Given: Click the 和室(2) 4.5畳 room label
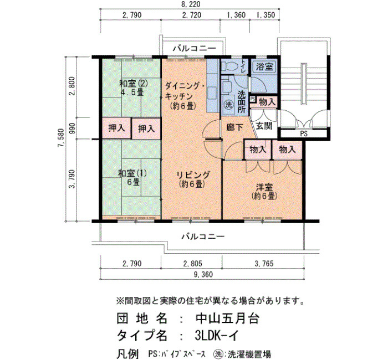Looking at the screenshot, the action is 134,88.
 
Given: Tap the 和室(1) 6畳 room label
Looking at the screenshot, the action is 132,178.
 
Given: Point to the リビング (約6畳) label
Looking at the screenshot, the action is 193,179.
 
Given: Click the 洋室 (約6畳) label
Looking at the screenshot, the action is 264,191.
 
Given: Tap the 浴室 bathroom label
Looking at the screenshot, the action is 264,66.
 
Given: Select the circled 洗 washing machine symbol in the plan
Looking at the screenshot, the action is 228,105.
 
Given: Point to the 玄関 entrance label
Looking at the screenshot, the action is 264,126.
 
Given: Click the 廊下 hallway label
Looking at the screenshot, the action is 234,127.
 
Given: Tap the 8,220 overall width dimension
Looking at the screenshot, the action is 190,4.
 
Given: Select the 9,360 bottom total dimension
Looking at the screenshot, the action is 203,275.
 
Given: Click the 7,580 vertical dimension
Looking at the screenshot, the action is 61,138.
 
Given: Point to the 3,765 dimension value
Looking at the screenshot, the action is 264,263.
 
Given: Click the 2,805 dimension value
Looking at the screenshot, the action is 192,263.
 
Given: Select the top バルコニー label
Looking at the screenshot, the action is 194,48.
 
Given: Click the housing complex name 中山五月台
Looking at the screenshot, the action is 227,318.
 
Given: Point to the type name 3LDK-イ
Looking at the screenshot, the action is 217,336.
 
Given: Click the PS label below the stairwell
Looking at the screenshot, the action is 304,134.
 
